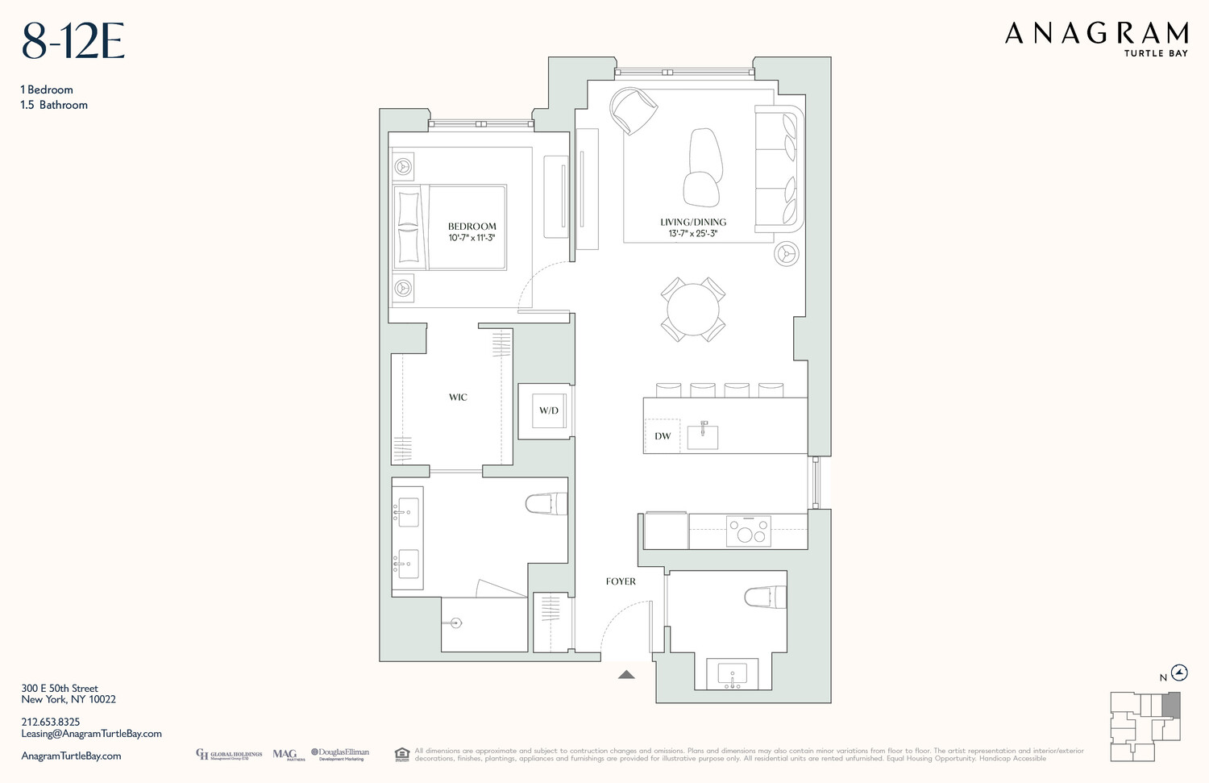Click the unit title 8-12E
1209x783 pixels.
[x=73, y=42]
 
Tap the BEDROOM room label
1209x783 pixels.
[x=472, y=227]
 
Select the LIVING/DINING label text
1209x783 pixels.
[x=693, y=222]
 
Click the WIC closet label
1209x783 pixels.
[x=458, y=397]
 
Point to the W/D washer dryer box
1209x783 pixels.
[x=548, y=410]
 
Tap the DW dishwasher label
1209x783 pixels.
[x=663, y=436]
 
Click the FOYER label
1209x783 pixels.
[x=621, y=581]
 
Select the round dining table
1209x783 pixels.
[x=693, y=309]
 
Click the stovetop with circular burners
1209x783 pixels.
[x=749, y=531]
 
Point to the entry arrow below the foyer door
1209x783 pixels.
[x=626, y=674]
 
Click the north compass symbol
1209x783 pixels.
[x=1180, y=673]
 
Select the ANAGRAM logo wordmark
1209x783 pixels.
[x=1096, y=34]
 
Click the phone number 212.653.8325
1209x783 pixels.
[x=51, y=722]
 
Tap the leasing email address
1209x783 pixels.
[x=91, y=734]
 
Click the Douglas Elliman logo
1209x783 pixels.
[x=340, y=754]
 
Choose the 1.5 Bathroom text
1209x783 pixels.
[x=55, y=105]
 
